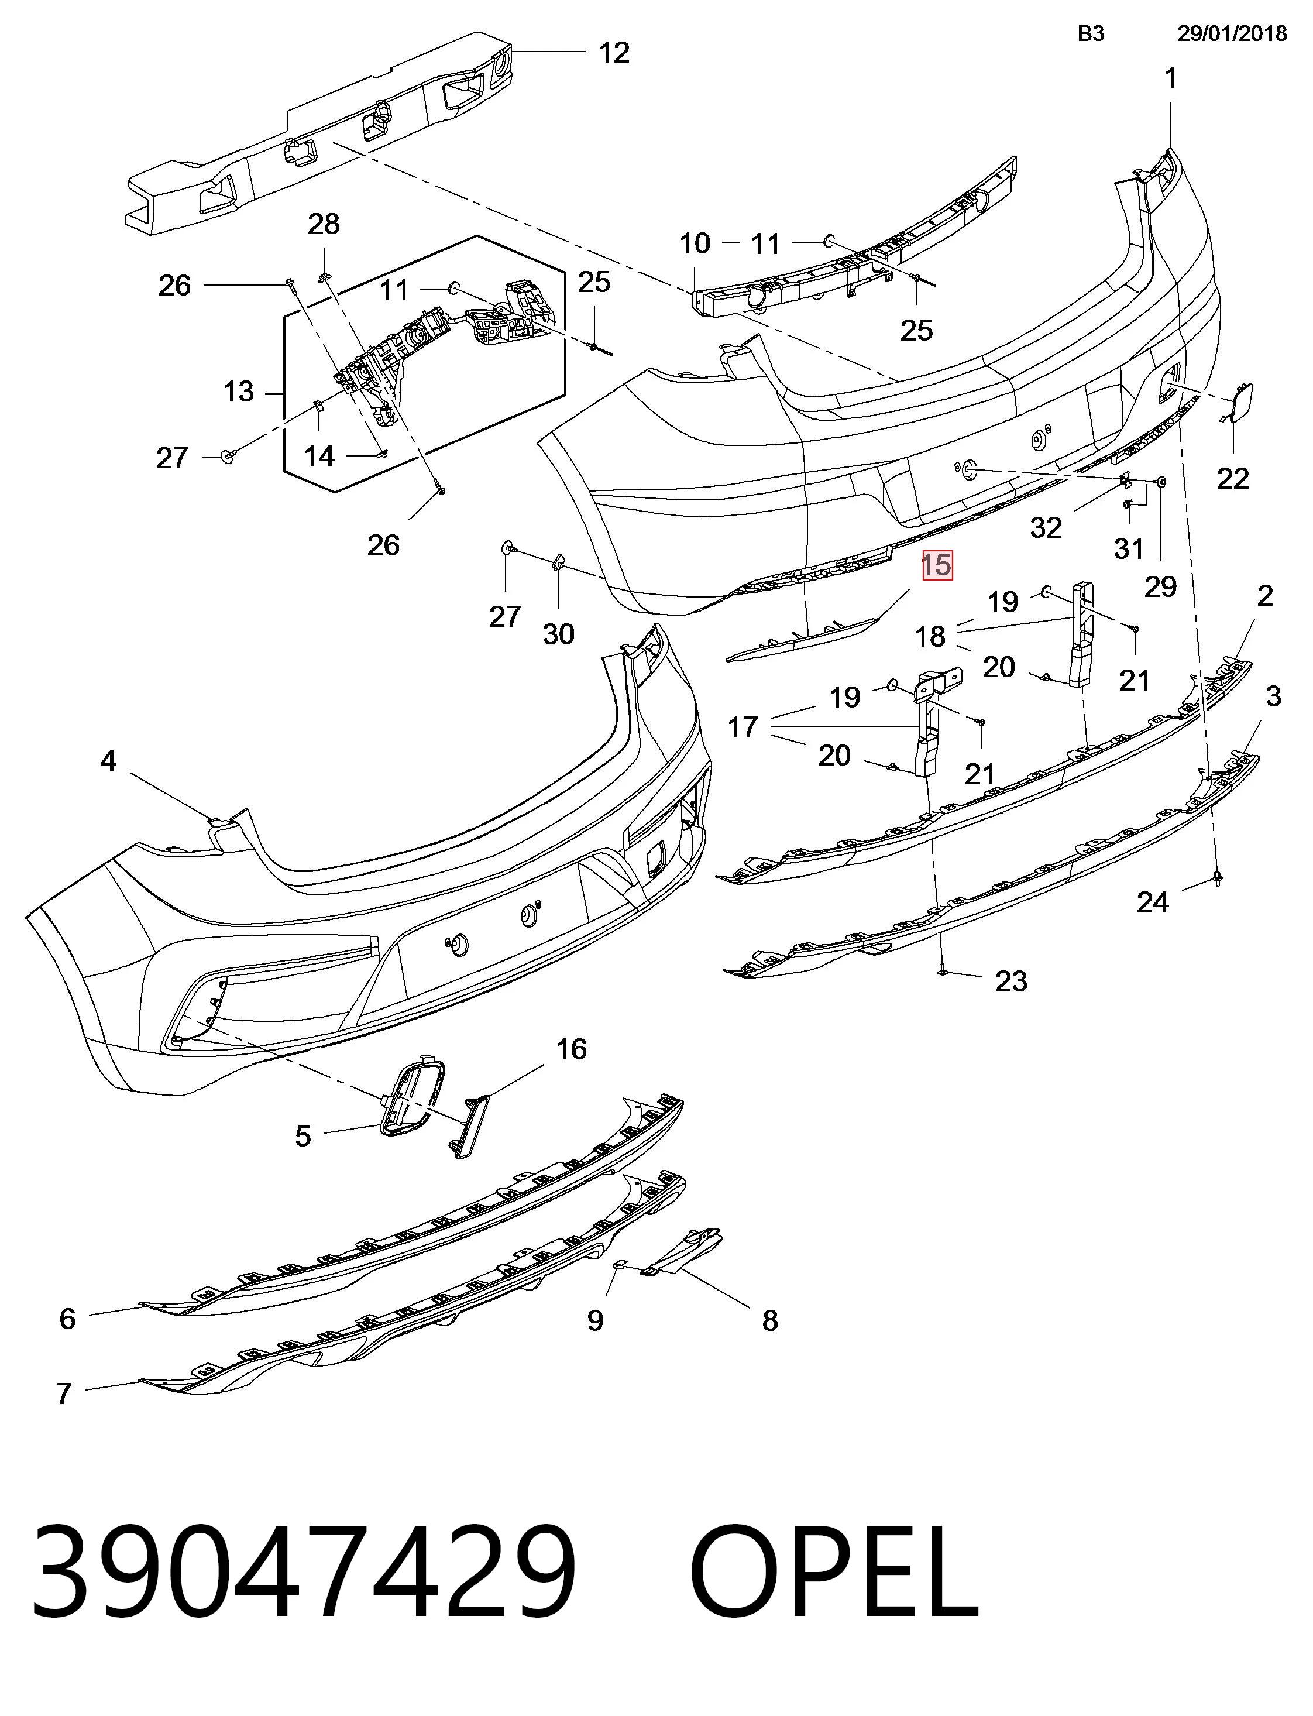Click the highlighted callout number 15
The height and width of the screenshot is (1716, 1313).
tap(937, 565)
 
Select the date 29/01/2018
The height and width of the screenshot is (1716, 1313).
tap(1232, 33)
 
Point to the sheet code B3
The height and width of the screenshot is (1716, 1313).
tap(1091, 33)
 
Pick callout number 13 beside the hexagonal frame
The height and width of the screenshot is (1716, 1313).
tap(238, 391)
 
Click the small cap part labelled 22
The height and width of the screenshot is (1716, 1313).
tap(1237, 402)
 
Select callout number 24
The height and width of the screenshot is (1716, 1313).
tap(1153, 903)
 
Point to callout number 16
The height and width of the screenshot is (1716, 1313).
tap(571, 1049)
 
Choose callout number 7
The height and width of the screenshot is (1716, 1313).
tap(64, 1394)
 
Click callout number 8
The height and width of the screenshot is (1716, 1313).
tap(770, 1321)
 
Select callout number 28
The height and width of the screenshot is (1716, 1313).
tap(324, 224)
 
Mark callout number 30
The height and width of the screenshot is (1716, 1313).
tap(559, 634)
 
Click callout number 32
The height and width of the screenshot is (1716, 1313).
tap(1046, 528)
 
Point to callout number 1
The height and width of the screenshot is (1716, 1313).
tap(1170, 78)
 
